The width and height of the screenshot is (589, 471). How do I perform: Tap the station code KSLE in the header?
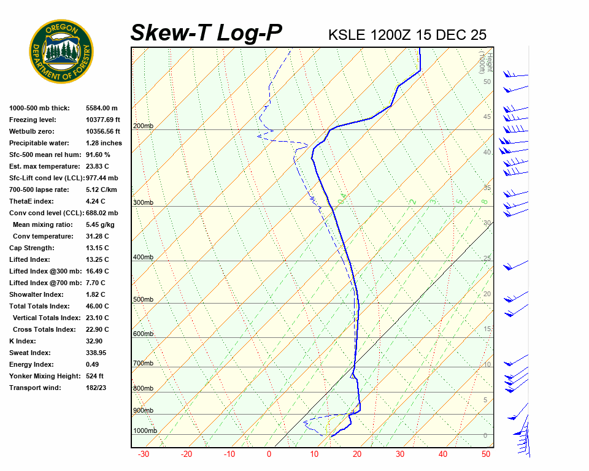tap(347, 34)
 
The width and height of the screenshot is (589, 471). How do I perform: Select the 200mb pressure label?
tap(143, 126)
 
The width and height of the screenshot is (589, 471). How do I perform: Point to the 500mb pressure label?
tap(143, 299)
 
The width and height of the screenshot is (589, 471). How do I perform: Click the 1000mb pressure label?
tap(145, 431)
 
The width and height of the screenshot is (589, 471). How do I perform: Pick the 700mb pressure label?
tap(143, 363)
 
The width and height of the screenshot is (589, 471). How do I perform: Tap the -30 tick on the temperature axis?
tap(144, 454)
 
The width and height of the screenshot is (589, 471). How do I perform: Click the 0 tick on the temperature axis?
tap(269, 454)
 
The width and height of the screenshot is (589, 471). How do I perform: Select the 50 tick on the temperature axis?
tap(486, 454)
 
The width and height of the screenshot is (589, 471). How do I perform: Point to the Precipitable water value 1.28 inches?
tap(104, 143)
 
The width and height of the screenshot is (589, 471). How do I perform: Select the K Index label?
tap(23, 341)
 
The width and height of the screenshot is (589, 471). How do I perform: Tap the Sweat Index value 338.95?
tap(97, 353)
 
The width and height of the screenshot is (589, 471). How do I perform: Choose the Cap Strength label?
tap(31, 248)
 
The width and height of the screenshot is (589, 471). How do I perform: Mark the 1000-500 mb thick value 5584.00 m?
tap(101, 108)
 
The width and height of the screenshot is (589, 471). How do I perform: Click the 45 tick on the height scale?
tap(487, 117)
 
